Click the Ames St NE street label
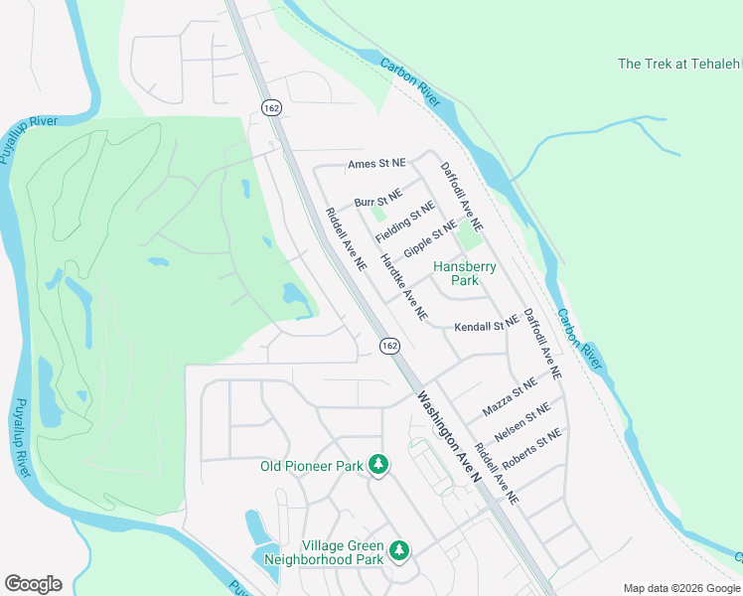tap(377, 164)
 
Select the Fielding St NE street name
tap(405, 223)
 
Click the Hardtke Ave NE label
tap(404, 285)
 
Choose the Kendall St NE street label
tap(487, 326)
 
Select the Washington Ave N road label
tap(448, 438)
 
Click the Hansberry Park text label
tap(464, 273)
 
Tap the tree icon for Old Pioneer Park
tap(377, 464)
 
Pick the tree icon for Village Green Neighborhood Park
tap(398, 549)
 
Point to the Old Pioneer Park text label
tap(311, 465)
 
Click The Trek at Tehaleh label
tap(679, 64)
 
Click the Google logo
tap(33, 584)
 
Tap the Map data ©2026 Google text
tap(681, 588)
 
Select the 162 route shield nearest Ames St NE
tap(270, 106)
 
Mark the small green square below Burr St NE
tap(377, 214)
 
